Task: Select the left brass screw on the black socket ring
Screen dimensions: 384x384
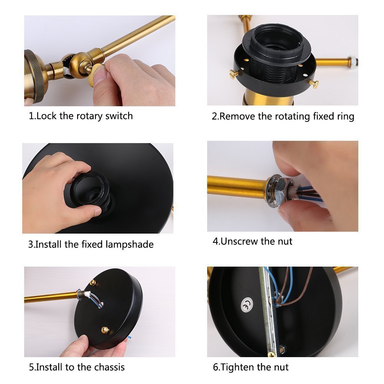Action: click(234, 74)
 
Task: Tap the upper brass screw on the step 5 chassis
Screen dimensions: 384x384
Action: click(93, 282)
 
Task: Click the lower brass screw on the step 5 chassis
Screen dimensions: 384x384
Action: click(105, 330)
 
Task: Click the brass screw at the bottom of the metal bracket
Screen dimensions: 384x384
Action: click(271, 354)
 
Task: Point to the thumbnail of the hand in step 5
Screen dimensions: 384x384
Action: click(84, 340)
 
